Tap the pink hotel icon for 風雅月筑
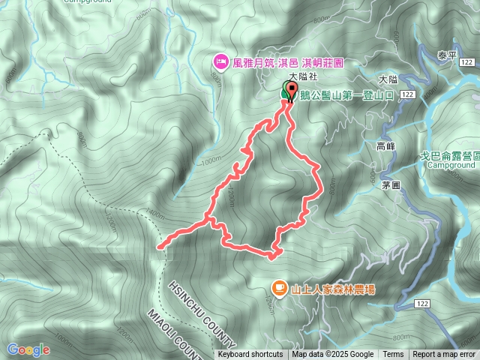coord(220,61)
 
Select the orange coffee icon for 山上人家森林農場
coord(278,287)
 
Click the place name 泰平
coord(448,55)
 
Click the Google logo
coord(28,349)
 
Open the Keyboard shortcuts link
coord(250,355)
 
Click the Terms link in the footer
coord(393,355)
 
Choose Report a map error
coord(444,355)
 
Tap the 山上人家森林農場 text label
coord(334,288)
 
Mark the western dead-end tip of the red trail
coord(159,245)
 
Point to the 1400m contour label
coord(157,214)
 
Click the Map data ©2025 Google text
coord(333,355)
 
